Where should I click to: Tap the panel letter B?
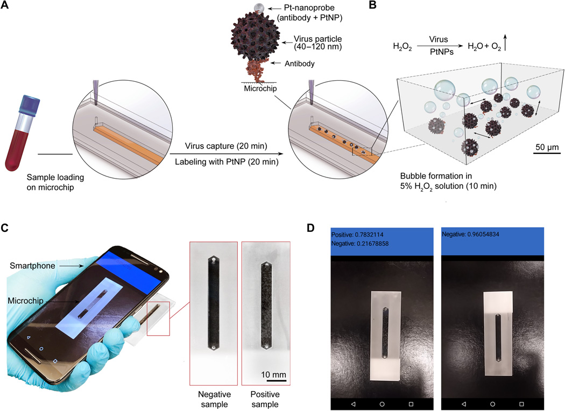(372, 5)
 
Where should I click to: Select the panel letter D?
(310, 228)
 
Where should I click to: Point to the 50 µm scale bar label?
(547, 147)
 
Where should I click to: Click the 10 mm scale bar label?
(273, 374)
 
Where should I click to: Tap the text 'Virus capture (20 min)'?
(226, 146)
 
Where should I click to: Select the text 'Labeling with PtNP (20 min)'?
(227, 162)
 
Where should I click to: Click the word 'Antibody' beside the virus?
(299, 64)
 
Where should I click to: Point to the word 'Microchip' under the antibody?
(260, 88)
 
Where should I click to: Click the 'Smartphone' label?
(32, 266)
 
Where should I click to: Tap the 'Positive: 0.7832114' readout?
(357, 235)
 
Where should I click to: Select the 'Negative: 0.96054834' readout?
(471, 234)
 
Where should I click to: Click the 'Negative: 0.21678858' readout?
(360, 244)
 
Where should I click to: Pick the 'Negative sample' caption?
(214, 399)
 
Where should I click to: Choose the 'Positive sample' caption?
(265, 399)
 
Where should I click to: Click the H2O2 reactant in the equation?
(402, 47)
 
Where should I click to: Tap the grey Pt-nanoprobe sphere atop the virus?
(259, 7)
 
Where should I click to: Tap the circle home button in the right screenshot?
(492, 404)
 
